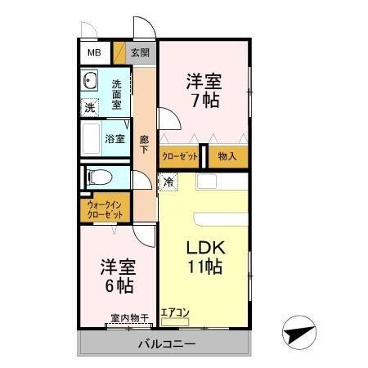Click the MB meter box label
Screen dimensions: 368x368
click(95, 53)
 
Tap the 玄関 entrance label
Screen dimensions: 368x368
click(140, 53)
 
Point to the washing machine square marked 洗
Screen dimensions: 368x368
click(89, 107)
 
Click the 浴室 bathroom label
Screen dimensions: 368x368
click(115, 139)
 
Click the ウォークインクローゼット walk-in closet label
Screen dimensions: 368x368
click(105, 209)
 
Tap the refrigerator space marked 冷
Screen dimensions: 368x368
click(168, 182)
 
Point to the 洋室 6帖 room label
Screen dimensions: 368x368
click(117, 276)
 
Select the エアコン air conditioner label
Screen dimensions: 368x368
click(175, 312)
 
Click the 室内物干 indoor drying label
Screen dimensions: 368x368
click(129, 317)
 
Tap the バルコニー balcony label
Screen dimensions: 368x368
click(166, 344)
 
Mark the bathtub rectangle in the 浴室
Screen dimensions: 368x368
click(91, 139)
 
